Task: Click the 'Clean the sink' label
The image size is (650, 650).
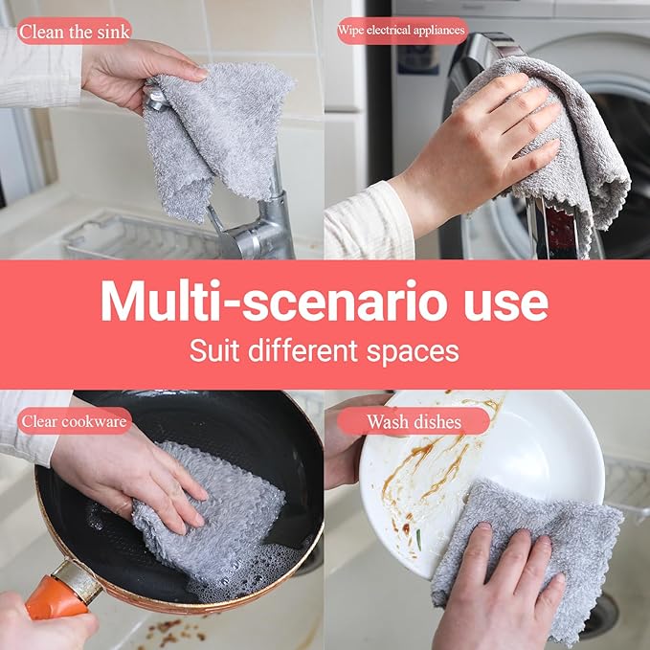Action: point(74,31)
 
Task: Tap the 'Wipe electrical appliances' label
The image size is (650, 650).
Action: point(401,31)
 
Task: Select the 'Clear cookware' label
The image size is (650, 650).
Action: point(74,420)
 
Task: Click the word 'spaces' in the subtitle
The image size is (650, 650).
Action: point(418,349)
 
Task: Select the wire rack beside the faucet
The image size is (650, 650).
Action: point(134,239)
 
